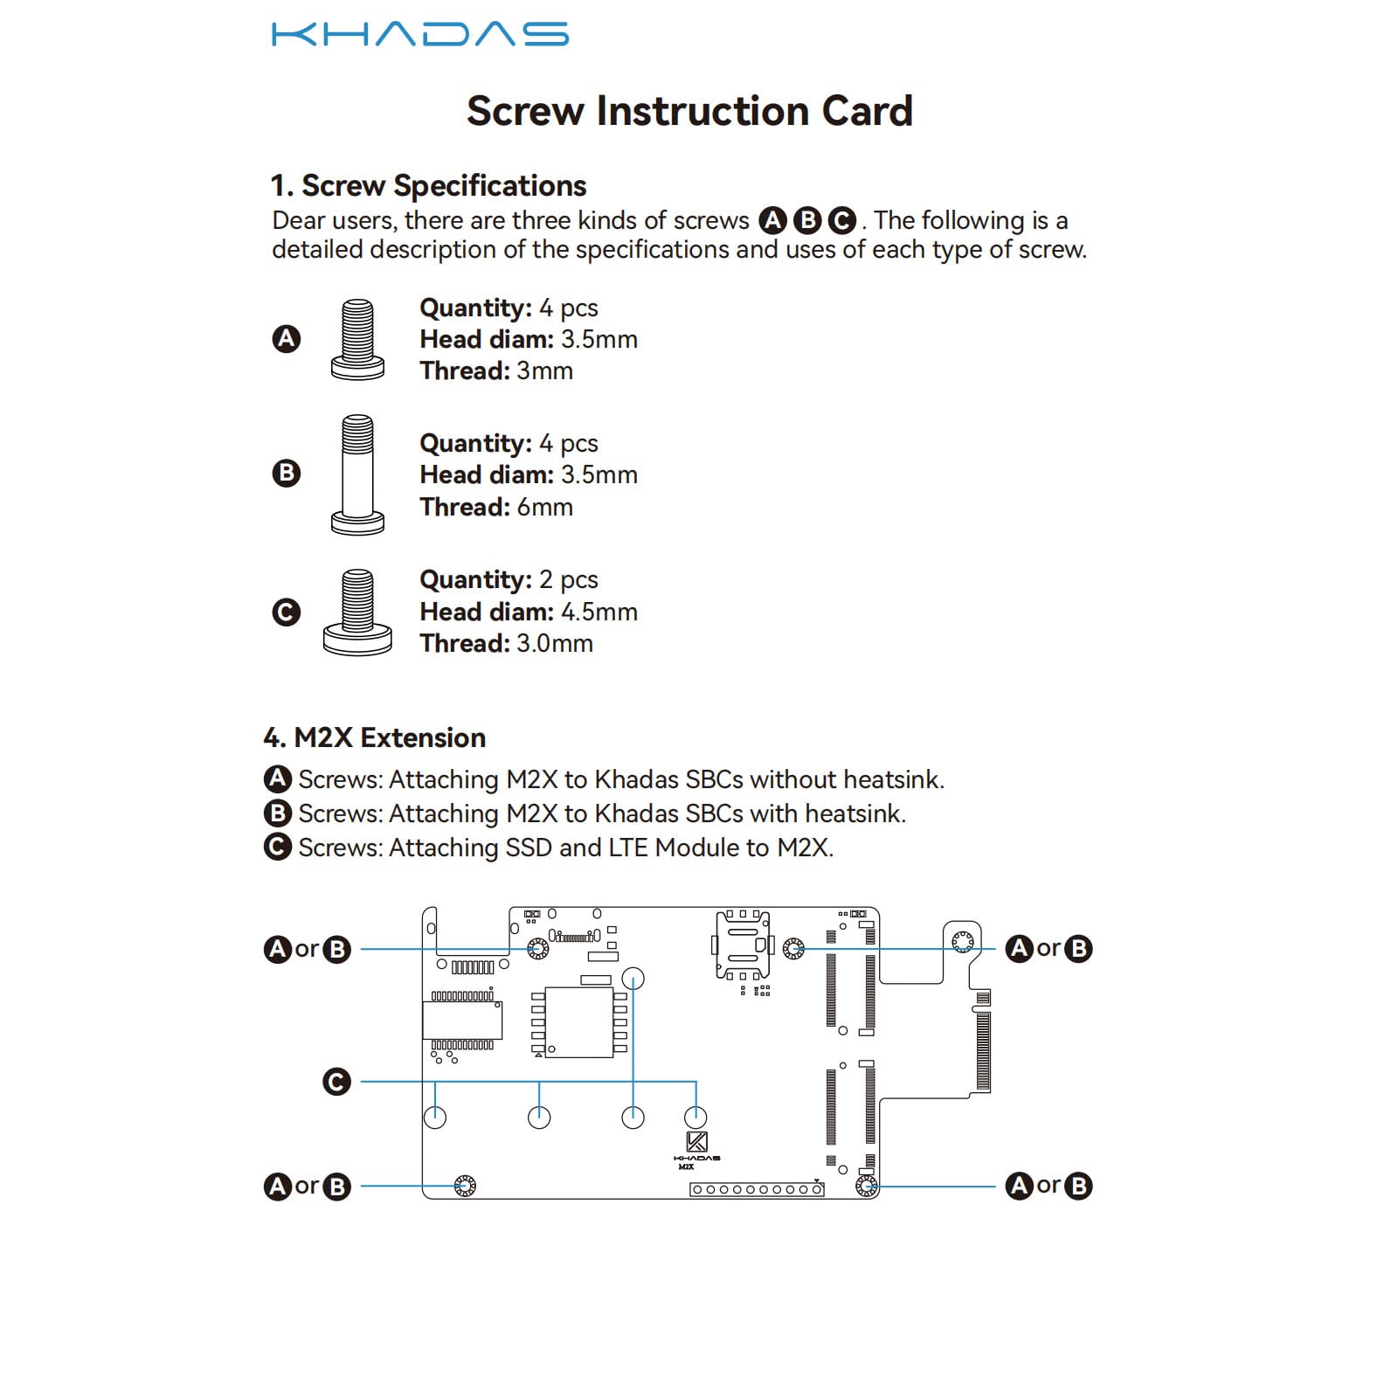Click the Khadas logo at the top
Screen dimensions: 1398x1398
coord(419,34)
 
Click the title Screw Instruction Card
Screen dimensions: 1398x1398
coord(689,111)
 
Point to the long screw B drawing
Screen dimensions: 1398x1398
coord(357,474)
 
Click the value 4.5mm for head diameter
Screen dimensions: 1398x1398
coord(599,612)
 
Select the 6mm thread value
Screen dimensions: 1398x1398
coord(544,507)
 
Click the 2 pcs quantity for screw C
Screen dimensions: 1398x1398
coord(569,579)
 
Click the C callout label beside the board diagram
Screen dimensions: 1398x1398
coord(336,1082)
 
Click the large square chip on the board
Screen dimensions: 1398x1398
coord(578,1022)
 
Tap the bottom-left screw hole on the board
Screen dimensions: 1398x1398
coord(465,1186)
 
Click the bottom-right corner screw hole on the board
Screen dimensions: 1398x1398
coord(866,1186)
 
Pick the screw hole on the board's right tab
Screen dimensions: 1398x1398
coord(962,941)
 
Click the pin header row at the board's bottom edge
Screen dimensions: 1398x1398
coord(757,1189)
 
